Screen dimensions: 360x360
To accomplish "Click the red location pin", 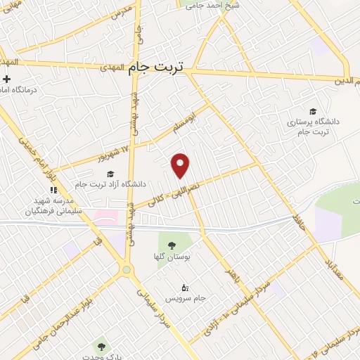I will coord(181,165).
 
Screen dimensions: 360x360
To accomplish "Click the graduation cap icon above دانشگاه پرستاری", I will coord(313,111).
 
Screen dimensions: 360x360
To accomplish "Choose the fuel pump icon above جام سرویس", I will coord(186,287).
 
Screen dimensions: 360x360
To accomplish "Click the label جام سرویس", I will coord(190,297).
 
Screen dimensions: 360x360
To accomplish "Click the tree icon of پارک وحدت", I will coord(101,346).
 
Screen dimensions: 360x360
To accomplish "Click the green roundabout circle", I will coord(126,269).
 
